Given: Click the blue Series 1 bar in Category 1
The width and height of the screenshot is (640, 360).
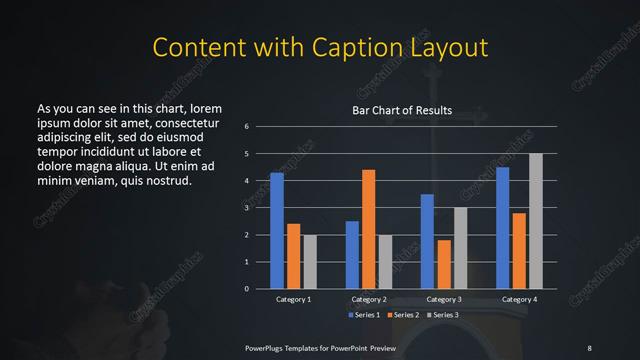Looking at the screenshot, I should pyautogui.click(x=277, y=231).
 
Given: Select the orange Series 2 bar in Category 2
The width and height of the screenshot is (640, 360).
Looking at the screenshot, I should pyautogui.click(x=368, y=229).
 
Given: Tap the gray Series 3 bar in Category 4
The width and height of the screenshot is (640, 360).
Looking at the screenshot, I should pyautogui.click(x=535, y=221).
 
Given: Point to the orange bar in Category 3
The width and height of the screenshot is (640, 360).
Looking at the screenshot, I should pyautogui.click(x=443, y=264).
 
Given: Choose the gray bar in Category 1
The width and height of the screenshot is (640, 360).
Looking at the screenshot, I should pyautogui.click(x=310, y=262).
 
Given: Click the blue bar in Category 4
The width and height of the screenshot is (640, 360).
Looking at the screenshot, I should pyautogui.click(x=502, y=228).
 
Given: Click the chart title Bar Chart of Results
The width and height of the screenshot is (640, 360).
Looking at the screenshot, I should pyautogui.click(x=401, y=110).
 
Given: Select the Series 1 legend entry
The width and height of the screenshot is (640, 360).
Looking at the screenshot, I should pyautogui.click(x=365, y=315).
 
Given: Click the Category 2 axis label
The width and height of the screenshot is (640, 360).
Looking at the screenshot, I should pyautogui.click(x=368, y=299).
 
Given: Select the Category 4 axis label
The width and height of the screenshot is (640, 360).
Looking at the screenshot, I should pyautogui.click(x=518, y=299).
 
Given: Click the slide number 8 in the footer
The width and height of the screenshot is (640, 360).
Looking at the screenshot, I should pyautogui.click(x=589, y=347).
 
